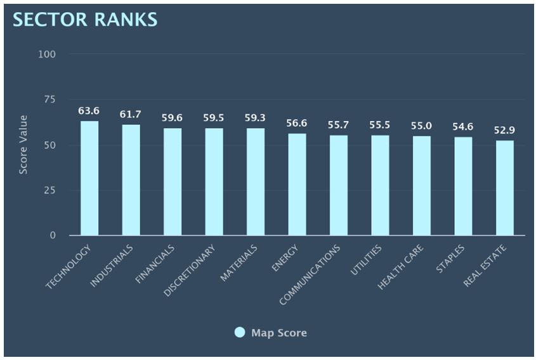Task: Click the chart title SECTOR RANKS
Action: click(85, 20)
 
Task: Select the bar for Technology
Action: click(89, 178)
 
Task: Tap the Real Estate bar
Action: click(505, 188)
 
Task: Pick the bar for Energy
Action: click(297, 184)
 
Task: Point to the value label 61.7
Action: click(131, 115)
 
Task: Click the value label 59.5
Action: click(214, 117)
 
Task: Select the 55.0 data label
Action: click(422, 126)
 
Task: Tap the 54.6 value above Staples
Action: click(463, 127)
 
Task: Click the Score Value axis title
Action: click(23, 145)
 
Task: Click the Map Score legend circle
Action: click(239, 333)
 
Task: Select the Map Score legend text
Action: click(279, 333)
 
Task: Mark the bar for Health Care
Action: click(422, 186)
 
